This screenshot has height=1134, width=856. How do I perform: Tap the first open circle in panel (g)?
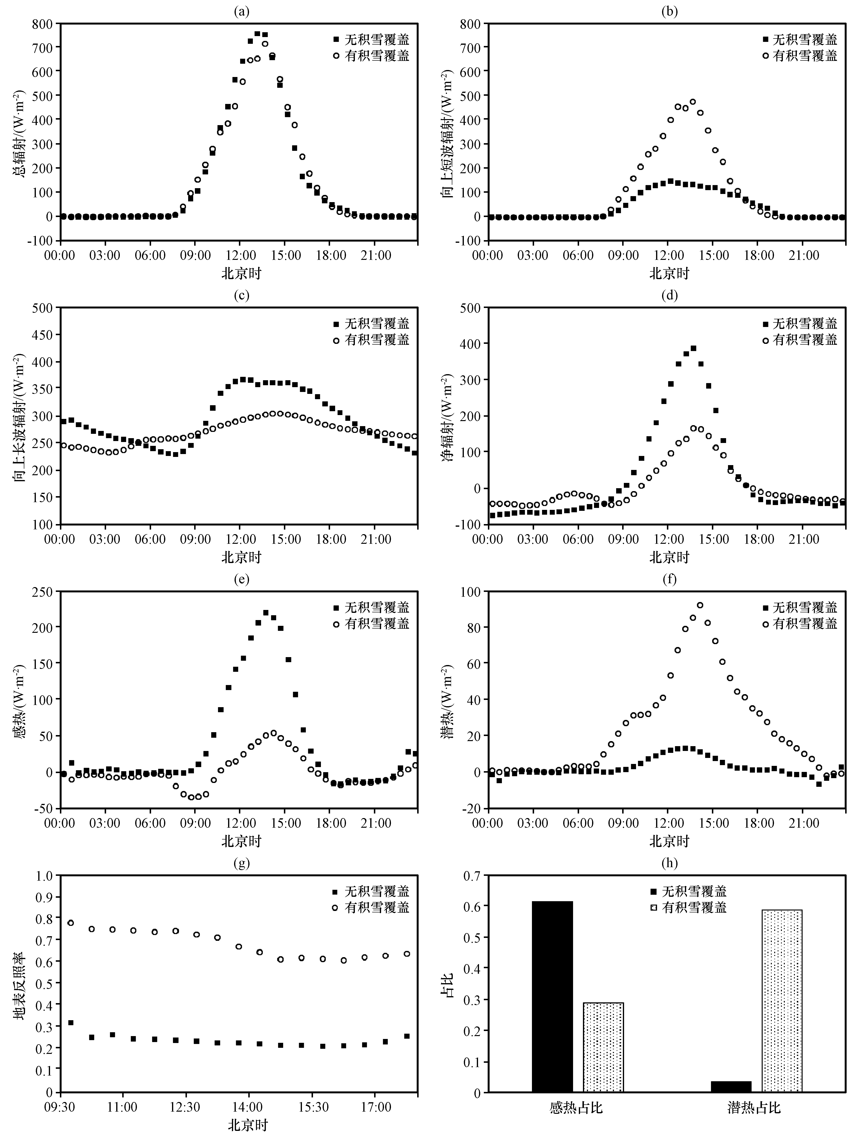pyautogui.click(x=71, y=923)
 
